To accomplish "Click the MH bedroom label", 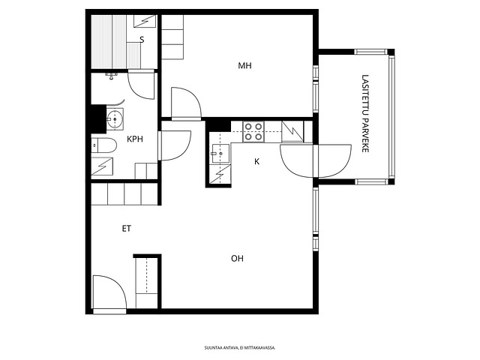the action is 244,65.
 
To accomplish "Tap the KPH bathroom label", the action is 135,139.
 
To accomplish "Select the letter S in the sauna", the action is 142,40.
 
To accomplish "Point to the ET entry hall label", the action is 127,228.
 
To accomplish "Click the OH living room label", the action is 237,259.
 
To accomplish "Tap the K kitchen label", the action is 256,161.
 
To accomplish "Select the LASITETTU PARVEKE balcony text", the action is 365,113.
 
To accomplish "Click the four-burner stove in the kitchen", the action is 253,132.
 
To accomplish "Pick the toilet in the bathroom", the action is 104,145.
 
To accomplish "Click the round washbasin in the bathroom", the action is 115,119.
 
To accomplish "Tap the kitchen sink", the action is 220,153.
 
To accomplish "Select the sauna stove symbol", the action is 145,21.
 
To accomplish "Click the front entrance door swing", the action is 109,292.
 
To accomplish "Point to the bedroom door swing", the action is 186,103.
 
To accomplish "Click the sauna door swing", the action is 141,85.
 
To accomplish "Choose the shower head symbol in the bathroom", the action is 112,76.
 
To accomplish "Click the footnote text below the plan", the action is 240,348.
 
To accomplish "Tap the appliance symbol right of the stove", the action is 292,131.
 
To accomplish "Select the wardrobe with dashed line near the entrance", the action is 147,282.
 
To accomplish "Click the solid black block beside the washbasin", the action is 98,118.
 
